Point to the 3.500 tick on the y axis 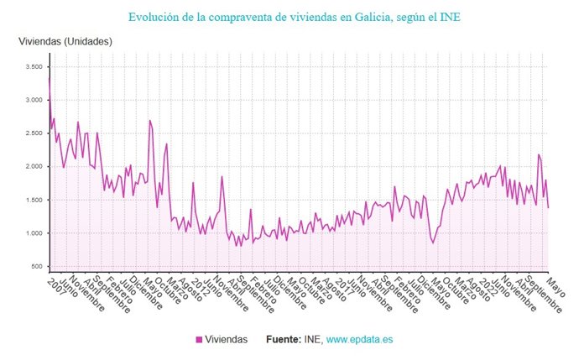tap(34, 67)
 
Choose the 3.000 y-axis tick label tap(34, 100)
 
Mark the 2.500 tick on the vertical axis tap(34, 133)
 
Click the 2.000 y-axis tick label tap(34, 167)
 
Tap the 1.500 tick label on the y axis tap(34, 200)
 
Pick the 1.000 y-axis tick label tap(34, 233)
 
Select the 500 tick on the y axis tap(36, 267)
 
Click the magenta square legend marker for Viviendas tap(199, 340)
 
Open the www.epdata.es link tap(359, 340)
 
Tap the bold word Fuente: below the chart tap(284, 340)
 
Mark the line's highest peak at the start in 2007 tap(50, 77)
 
